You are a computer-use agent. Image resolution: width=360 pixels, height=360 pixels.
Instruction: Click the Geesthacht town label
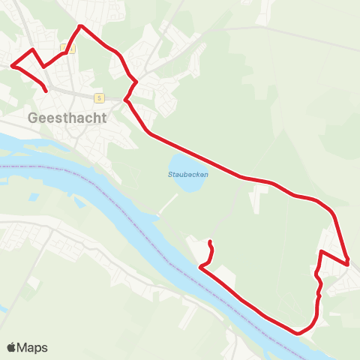click(67, 117)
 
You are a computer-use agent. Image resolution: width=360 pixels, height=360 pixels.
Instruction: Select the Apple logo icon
click(11, 347)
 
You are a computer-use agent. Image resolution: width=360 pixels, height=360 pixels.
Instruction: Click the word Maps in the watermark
click(32, 347)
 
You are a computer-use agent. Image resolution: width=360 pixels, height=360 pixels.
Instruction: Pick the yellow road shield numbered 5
click(98, 97)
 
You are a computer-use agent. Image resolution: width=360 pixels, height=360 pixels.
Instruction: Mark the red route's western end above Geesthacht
click(46, 91)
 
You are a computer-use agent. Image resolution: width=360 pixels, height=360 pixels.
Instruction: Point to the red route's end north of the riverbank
click(210, 241)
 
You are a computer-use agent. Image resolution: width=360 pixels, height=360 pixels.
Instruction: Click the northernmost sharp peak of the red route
click(80, 26)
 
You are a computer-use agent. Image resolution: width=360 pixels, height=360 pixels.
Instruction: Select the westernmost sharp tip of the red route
click(13, 66)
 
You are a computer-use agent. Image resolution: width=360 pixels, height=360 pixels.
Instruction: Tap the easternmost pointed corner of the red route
click(349, 263)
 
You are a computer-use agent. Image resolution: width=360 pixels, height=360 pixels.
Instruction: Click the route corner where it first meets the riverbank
click(201, 266)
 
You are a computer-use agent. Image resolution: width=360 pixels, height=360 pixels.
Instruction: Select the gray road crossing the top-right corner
click(300, 34)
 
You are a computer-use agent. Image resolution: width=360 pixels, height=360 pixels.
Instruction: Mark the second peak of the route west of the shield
click(32, 49)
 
